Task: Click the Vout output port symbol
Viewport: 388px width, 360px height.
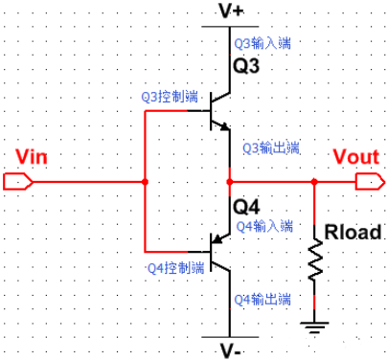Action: [x=366, y=181]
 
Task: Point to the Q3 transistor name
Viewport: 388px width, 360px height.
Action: [x=247, y=69]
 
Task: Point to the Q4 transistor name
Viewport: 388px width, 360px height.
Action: [x=246, y=205]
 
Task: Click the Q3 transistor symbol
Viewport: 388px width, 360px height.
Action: [x=219, y=111]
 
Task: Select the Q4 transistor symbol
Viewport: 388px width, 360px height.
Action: [x=219, y=251]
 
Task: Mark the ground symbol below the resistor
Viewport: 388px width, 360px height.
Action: [x=315, y=326]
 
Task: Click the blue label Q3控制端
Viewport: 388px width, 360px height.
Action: [x=169, y=97]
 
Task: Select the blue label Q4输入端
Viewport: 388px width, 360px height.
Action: [x=264, y=225]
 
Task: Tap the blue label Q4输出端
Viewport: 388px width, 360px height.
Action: [x=264, y=298]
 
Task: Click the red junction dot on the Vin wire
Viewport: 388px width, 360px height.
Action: [x=144, y=181]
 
